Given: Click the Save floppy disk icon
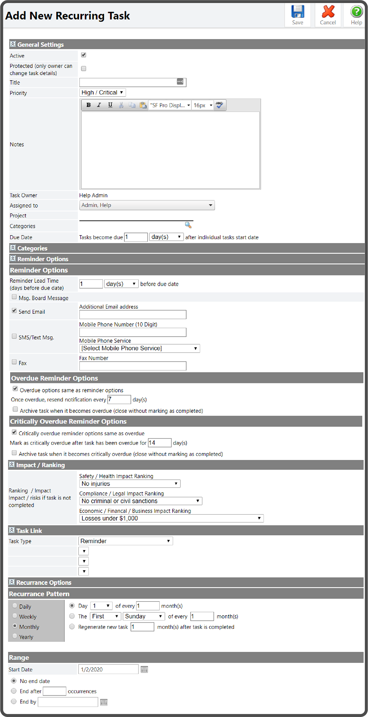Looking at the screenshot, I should [x=298, y=12].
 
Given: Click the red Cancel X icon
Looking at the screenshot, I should [x=328, y=12].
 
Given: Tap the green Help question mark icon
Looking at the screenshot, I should [x=356, y=12].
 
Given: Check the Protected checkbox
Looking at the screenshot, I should [x=84, y=69].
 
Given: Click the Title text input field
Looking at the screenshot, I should [x=128, y=82].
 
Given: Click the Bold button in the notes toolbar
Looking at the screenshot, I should [x=88, y=105].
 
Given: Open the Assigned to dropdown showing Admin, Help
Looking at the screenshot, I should [x=147, y=205].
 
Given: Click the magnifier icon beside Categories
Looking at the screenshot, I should [x=188, y=225].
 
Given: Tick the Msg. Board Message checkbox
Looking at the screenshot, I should [x=14, y=297].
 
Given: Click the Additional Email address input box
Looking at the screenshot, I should [x=133, y=314].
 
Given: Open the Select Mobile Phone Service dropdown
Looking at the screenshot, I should [x=139, y=348].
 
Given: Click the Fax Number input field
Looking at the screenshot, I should [x=133, y=366].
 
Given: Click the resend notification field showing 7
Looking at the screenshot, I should [x=119, y=399].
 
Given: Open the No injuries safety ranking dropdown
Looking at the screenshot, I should [x=130, y=484].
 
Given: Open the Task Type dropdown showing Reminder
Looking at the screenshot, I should [x=125, y=541].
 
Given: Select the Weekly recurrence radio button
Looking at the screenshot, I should [x=15, y=616].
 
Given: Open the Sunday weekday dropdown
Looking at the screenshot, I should [x=144, y=616].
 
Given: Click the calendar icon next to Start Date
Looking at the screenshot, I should [x=144, y=670].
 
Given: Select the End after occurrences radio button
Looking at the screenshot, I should [x=14, y=691].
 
